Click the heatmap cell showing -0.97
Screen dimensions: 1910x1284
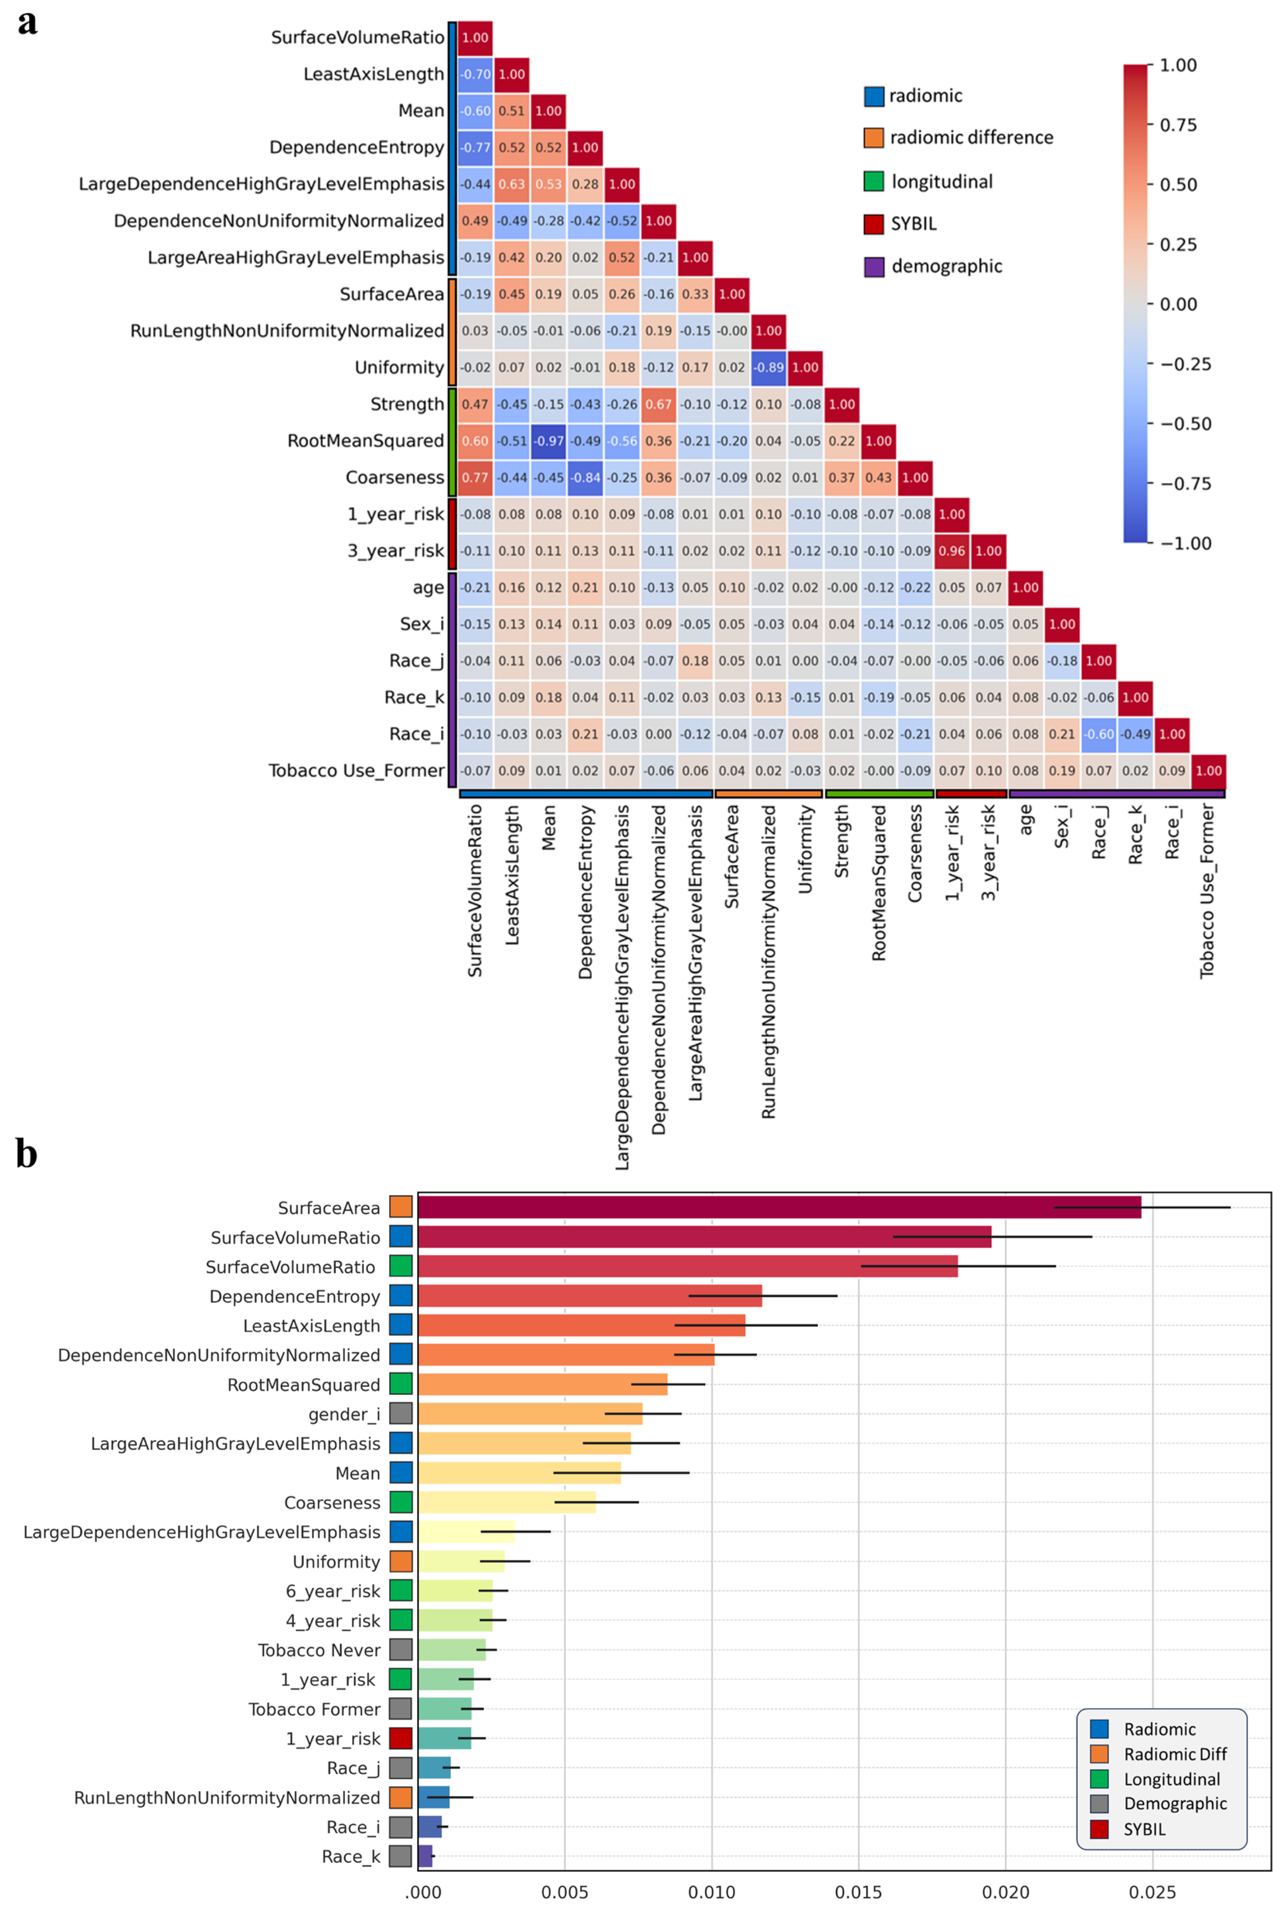tap(548, 440)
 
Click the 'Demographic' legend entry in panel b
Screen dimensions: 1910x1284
tap(1174, 1803)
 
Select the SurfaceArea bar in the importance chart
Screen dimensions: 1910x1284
tap(778, 1207)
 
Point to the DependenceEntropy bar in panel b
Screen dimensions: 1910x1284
tap(590, 1296)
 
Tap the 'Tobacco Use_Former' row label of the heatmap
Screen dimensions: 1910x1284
tap(356, 771)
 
